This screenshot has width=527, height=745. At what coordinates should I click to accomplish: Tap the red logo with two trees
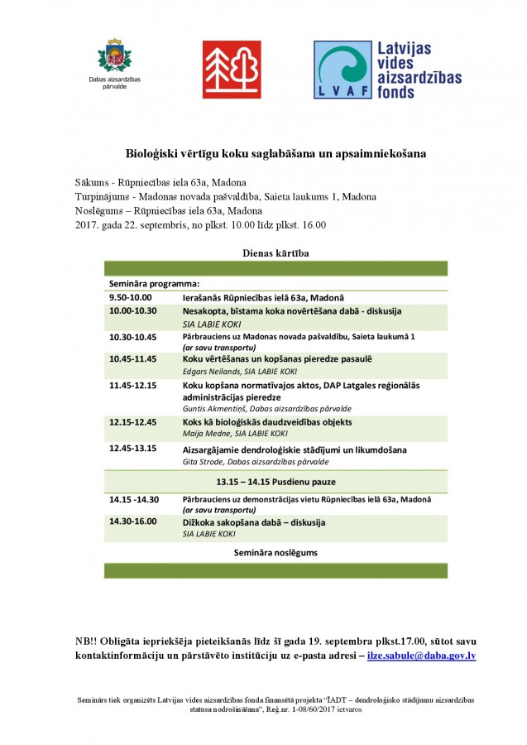pyautogui.click(x=232, y=70)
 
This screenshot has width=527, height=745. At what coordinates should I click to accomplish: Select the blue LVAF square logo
pyautogui.click(x=342, y=70)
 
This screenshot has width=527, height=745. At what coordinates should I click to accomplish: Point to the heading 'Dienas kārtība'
pyautogui.click(x=275, y=252)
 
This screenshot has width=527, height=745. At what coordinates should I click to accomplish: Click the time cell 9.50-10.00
pyautogui.click(x=131, y=297)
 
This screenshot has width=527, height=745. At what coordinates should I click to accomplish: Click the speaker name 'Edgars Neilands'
pyautogui.click(x=208, y=372)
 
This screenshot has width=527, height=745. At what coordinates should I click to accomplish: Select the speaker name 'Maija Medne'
pyautogui.click(x=202, y=434)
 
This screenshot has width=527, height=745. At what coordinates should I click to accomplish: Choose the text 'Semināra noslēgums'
pyautogui.click(x=275, y=552)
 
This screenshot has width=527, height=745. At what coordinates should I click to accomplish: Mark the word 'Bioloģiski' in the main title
pyautogui.click(x=154, y=154)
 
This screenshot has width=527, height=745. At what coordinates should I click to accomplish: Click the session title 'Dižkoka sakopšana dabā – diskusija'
pyautogui.click(x=254, y=522)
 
